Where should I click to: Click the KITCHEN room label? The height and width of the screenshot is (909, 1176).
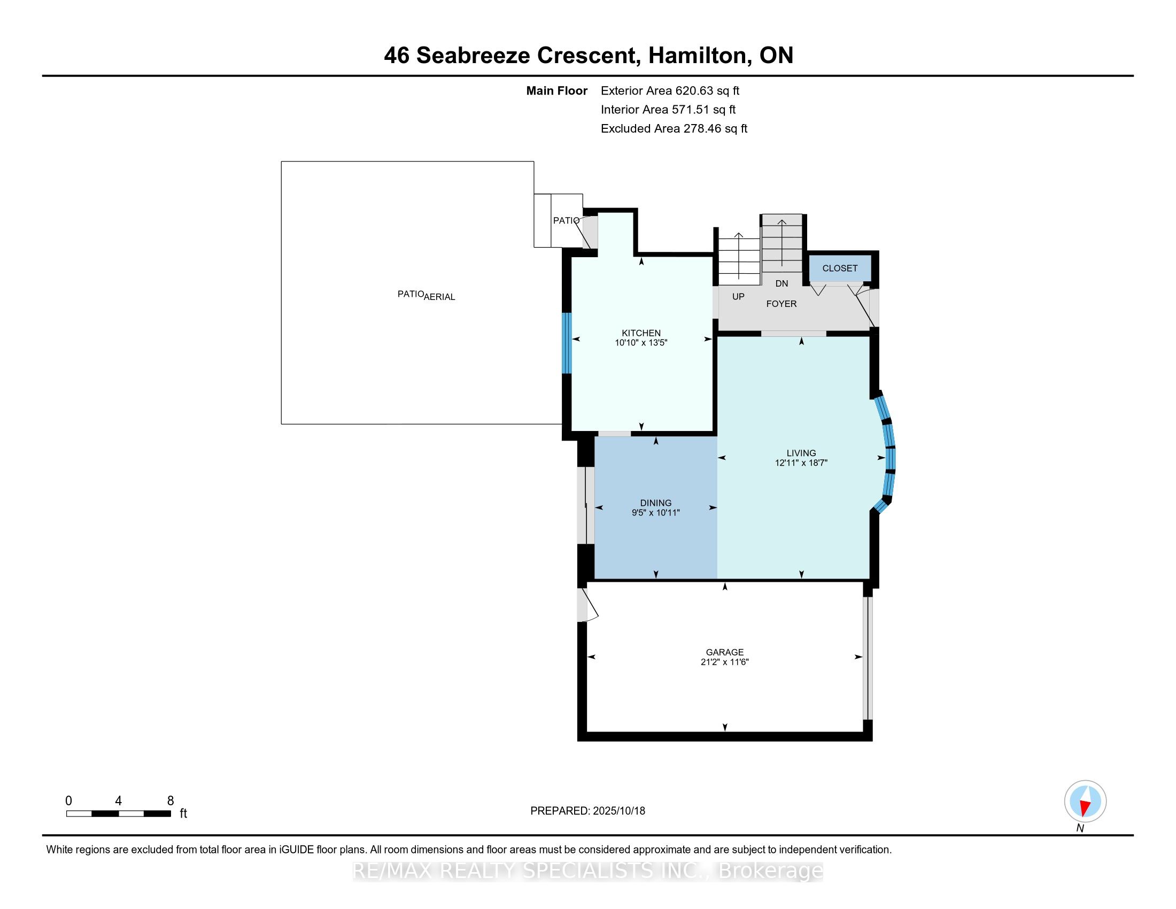coord(641,333)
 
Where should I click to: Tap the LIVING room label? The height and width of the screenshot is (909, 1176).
coord(801,453)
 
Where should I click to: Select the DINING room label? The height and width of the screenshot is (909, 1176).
coord(656,503)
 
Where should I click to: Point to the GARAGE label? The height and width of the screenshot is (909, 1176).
coord(725,652)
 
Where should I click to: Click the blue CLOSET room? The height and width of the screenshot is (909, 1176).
coord(840,268)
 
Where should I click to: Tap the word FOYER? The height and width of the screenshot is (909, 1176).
coord(782,304)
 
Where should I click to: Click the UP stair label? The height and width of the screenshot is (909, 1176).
coord(738,297)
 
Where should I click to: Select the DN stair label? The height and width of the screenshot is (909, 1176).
coord(782,283)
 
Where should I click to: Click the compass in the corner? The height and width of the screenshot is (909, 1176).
coord(1085,801)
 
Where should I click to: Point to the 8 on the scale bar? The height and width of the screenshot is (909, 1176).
coord(171,801)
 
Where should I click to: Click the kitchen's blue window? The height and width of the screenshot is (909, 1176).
coord(567,343)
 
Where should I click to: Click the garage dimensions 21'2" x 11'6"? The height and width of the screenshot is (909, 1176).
coord(725,662)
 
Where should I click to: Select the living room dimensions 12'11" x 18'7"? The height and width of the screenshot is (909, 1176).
coord(801,463)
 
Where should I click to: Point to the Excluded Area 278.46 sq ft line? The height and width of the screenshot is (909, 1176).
coord(674,129)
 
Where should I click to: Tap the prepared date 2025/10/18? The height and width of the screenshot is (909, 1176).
coord(618,811)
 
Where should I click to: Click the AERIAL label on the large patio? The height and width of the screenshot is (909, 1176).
coord(440,297)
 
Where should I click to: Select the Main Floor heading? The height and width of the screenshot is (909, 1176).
coord(557,91)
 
